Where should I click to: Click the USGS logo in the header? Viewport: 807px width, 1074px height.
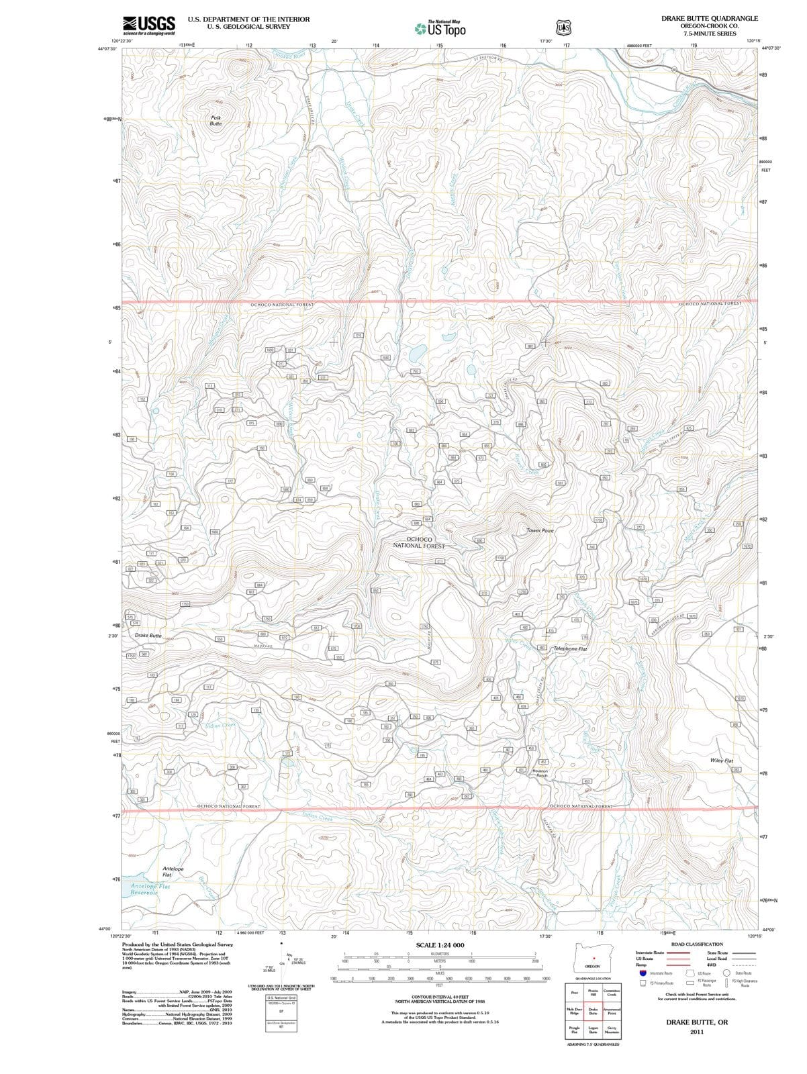[149, 25]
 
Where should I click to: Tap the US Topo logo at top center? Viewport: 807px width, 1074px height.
[440, 28]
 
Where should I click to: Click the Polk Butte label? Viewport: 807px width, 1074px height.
[215, 121]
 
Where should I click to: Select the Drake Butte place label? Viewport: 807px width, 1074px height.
[148, 635]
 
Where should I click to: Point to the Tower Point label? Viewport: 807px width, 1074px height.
[540, 531]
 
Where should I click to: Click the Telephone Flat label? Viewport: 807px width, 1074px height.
[570, 649]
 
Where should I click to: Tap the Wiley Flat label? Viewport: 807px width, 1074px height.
[722, 761]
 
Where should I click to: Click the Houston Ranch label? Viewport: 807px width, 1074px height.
[540, 773]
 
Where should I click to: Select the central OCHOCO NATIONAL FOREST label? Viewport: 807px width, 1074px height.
[419, 542]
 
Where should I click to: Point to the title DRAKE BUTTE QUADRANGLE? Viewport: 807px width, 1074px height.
[709, 19]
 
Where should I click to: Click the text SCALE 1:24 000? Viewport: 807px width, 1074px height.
[440, 945]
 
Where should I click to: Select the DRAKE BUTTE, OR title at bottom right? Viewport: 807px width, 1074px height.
[696, 1022]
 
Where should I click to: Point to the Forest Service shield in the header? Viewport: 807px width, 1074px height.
[563, 28]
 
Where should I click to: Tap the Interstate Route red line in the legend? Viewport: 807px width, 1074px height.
[678, 953]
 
